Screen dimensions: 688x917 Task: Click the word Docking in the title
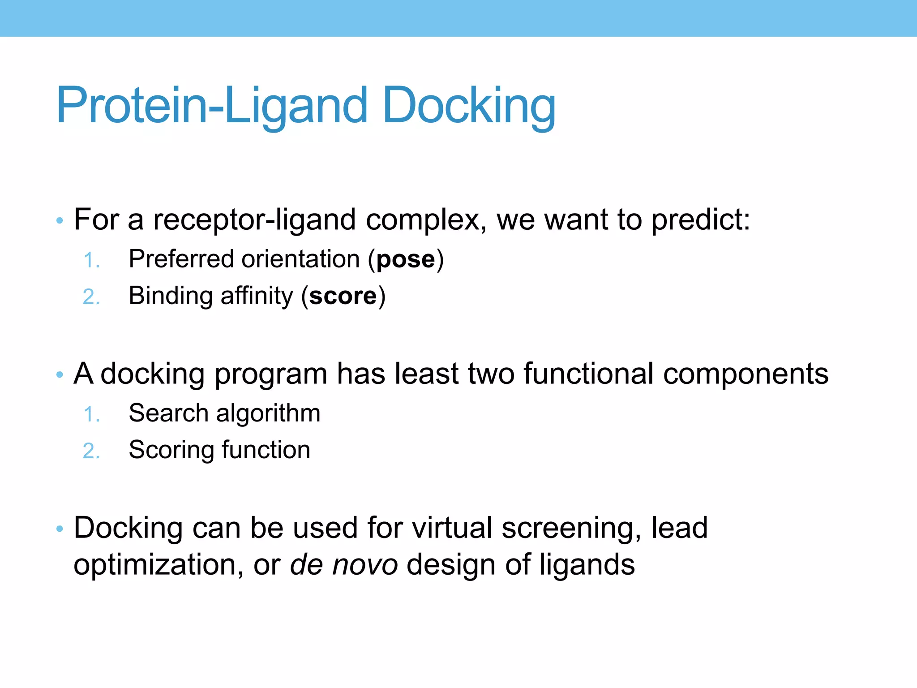point(469,106)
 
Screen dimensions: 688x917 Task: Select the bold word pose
point(406,260)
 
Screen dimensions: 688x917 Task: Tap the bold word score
point(343,296)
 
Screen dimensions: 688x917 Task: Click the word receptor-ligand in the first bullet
point(254,220)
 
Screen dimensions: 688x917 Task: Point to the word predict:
point(700,220)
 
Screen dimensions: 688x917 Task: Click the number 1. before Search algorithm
point(91,414)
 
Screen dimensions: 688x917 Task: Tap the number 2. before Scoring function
point(91,451)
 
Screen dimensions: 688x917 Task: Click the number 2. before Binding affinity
point(91,297)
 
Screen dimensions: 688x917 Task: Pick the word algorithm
point(268,413)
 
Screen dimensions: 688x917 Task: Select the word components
point(746,374)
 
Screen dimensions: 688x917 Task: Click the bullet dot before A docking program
point(60,374)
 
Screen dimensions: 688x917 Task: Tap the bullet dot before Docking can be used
point(60,529)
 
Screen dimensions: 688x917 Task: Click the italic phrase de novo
point(343,564)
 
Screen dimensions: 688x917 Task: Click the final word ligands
point(587,565)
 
